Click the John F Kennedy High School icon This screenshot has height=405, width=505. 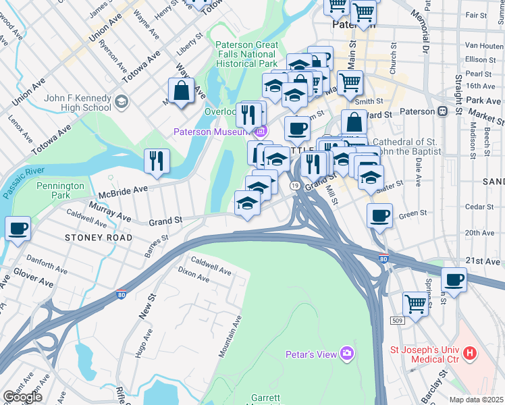point(122,102)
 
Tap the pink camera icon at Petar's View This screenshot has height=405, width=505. point(348,354)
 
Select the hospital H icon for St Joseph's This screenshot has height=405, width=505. point(471,353)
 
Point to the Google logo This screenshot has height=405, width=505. point(22,397)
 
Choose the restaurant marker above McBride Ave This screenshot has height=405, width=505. point(157,161)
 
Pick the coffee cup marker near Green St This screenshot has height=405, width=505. point(380,216)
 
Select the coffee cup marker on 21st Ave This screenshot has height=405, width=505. point(454,278)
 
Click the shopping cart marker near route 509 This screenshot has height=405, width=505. point(415,303)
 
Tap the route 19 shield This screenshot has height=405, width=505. point(295,186)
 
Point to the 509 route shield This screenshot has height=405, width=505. point(398,320)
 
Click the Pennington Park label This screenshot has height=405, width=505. point(61,190)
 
